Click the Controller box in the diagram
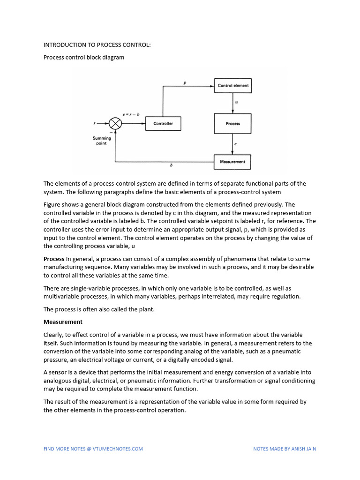pos(163,123)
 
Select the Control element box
pos(233,85)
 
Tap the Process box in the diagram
pos(233,123)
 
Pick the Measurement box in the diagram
pos(233,162)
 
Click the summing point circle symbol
pos(115,123)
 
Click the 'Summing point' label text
pos(102,141)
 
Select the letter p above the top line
pos(185,82)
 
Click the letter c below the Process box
pos(235,144)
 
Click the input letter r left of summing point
pos(95,123)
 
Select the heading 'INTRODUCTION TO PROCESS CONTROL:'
pos(97,45)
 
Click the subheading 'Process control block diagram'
pos(84,58)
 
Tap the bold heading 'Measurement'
pos(63,322)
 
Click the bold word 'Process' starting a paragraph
pos(54,259)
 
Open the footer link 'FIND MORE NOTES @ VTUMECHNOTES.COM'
pos(93,449)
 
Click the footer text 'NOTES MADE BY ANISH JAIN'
pos(285,449)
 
